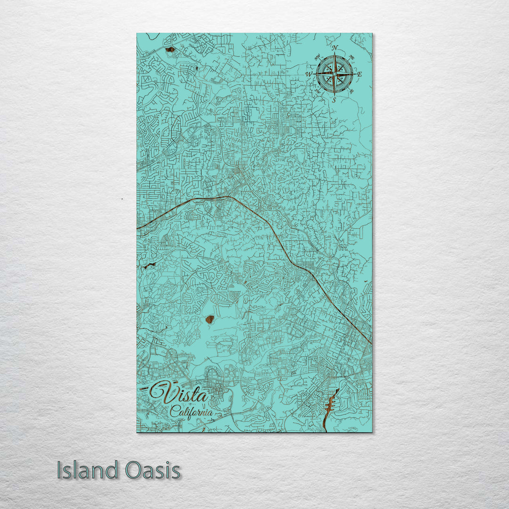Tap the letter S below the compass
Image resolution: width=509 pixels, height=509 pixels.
point(334,100)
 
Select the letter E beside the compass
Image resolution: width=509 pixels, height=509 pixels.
point(360,74)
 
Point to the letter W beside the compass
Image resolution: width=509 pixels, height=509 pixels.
point(308,74)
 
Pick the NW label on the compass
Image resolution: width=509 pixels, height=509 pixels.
point(317,57)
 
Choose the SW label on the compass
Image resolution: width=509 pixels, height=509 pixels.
point(317,92)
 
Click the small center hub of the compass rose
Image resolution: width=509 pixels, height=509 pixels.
point(334,74)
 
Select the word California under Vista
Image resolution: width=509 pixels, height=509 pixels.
point(191,411)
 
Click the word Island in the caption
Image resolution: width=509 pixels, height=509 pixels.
point(88,470)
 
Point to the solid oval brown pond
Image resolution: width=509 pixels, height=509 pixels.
point(210,319)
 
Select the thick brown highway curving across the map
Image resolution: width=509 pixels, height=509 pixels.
point(283,245)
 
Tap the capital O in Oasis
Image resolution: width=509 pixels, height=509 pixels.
point(133,470)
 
